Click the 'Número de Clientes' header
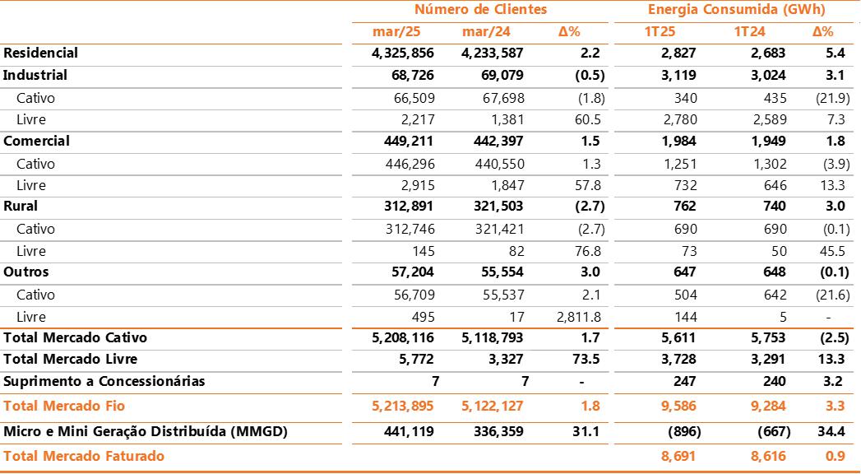click(x=480, y=10)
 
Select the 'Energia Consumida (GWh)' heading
click(x=736, y=10)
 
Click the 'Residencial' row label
click(x=41, y=53)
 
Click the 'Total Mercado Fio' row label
click(x=64, y=406)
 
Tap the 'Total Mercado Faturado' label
click(x=84, y=456)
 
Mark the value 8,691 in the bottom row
click(x=678, y=456)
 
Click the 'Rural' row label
click(x=21, y=207)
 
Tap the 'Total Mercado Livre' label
click(x=71, y=360)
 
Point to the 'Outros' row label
click(x=26, y=272)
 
